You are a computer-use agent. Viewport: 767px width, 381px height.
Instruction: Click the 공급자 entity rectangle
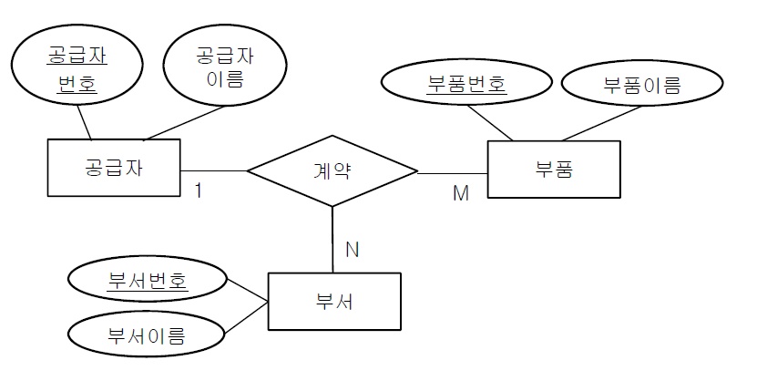[x=113, y=168]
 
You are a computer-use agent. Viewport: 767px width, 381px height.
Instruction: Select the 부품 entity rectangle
[x=554, y=169]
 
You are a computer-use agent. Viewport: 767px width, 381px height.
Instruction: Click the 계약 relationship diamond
[x=332, y=170]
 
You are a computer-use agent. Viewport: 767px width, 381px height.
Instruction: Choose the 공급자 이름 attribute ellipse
[x=224, y=67]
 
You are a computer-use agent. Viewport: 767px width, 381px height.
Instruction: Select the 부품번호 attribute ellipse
[x=466, y=86]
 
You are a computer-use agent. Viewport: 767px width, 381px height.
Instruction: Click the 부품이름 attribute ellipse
[x=641, y=86]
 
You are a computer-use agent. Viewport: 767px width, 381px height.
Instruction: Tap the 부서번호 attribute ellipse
[x=147, y=280]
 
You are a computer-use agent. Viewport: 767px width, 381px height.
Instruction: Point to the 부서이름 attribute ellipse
[x=147, y=336]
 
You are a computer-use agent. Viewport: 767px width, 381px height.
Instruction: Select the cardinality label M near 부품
[x=460, y=194]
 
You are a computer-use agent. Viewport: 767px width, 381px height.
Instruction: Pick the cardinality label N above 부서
[x=352, y=248]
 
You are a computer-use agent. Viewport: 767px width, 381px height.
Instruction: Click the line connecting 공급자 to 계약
[x=214, y=170]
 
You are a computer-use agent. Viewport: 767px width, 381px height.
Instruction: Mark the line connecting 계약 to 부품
[x=453, y=171]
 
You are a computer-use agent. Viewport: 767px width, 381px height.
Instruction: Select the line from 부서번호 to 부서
[x=246, y=291]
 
